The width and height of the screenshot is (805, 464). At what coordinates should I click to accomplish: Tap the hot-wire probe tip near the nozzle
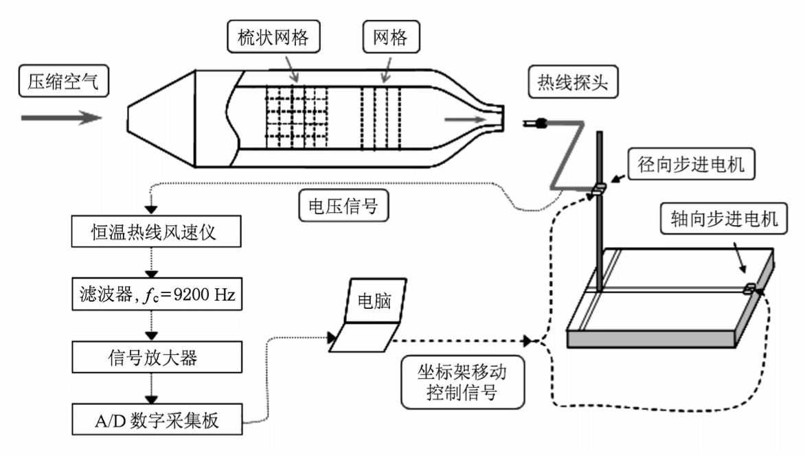[x=534, y=124]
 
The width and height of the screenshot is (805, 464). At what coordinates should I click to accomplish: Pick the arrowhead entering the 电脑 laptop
[x=334, y=337]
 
